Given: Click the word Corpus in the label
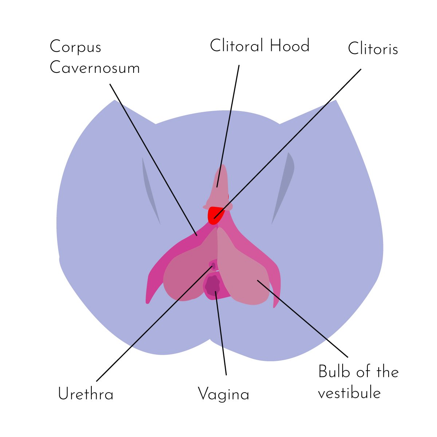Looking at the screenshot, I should tap(75, 47).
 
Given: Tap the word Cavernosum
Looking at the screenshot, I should tap(95, 68).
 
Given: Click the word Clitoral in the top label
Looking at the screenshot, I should tap(237, 46).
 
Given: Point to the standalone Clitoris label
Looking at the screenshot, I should tap(373, 49).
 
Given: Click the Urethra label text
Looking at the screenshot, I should tap(86, 394).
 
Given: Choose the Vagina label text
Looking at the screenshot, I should tap(223, 395).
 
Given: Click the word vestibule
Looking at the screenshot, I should tap(349, 393).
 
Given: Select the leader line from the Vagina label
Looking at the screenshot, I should tap(221, 335).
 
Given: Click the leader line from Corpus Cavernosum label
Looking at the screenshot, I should tap(153, 159).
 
